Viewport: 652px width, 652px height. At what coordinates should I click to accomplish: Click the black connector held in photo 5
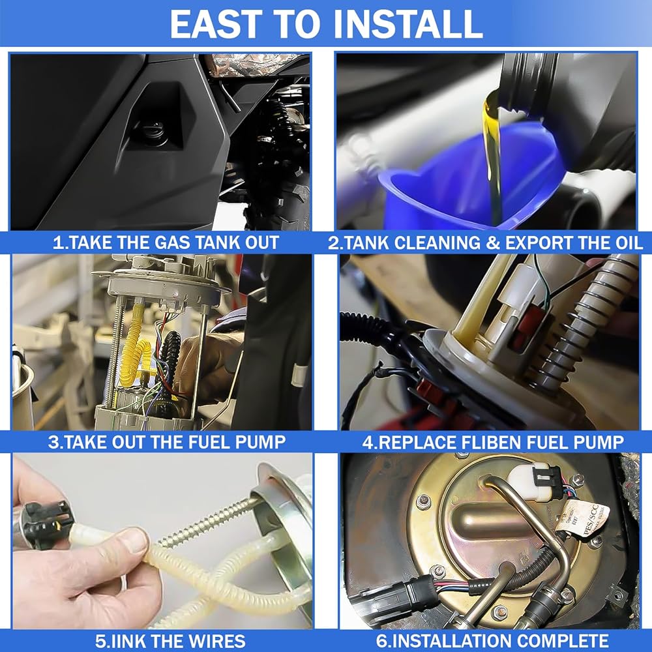pos(45,522)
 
